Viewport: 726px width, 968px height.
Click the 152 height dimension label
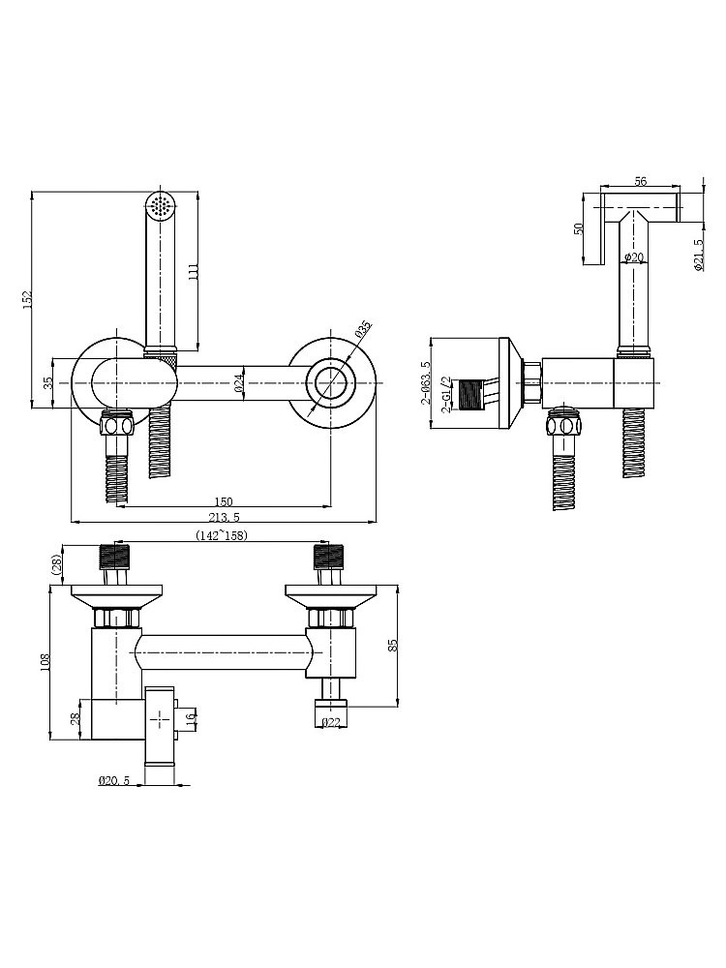[26, 299]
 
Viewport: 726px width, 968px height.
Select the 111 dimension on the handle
[193, 271]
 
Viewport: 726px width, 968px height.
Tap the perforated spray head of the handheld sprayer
[162, 204]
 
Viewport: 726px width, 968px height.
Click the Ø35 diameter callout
[362, 328]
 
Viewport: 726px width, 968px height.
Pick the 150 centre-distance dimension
[223, 501]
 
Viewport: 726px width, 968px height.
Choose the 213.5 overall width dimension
[225, 517]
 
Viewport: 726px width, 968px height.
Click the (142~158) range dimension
[221, 535]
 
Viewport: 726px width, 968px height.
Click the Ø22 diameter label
[330, 723]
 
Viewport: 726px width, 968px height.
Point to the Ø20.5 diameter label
[113, 780]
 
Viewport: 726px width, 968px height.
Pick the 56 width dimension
[640, 181]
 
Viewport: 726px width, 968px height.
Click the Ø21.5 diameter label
[699, 255]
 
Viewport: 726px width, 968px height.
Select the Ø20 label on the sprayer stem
[634, 257]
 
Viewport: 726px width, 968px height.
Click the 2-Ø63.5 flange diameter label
[425, 382]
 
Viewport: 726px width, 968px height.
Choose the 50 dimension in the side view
[579, 228]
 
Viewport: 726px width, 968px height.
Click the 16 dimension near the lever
[191, 717]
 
